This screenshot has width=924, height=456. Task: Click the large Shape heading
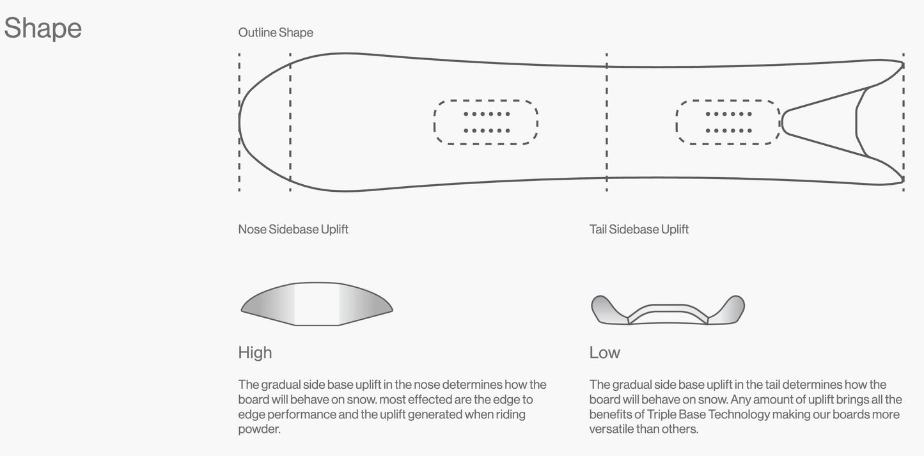tap(43, 28)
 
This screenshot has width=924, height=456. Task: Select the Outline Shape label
tap(276, 33)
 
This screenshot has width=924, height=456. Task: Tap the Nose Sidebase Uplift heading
tap(293, 229)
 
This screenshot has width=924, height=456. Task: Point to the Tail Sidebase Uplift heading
tap(639, 229)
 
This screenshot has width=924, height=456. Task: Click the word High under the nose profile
tap(254, 352)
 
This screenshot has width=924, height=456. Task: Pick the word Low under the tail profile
tap(604, 352)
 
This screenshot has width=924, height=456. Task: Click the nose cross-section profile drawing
tap(317, 304)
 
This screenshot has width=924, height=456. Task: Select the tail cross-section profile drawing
tap(668, 310)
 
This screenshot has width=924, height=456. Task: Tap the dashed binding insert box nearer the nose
tap(486, 122)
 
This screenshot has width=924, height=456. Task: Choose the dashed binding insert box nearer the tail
tap(728, 122)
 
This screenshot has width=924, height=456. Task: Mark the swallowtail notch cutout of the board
tap(825, 122)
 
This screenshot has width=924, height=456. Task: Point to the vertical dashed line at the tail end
tap(903, 122)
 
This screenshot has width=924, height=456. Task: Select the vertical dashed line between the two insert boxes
tap(606, 122)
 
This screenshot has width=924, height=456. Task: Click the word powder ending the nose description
tap(259, 429)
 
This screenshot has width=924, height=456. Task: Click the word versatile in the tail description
tap(611, 429)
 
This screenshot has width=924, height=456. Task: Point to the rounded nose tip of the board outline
tap(241, 122)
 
